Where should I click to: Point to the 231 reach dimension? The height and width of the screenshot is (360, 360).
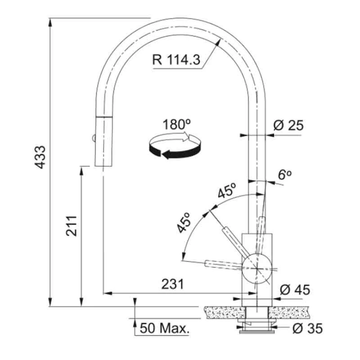pyautogui.click(x=172, y=284)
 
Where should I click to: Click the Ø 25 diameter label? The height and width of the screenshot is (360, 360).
pyautogui.click(x=288, y=125)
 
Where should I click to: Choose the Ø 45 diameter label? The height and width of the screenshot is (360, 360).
pyautogui.click(x=295, y=290)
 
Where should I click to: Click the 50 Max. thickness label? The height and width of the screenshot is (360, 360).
pyautogui.click(x=164, y=328)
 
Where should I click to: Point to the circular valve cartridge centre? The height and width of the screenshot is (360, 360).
pyautogui.click(x=256, y=268)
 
